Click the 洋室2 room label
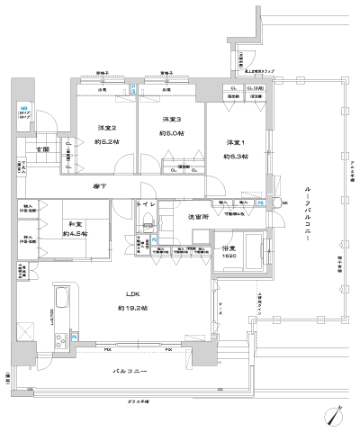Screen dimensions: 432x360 click(x=107, y=129)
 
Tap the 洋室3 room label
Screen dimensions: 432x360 click(x=172, y=120)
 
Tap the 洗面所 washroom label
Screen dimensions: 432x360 click(x=199, y=217)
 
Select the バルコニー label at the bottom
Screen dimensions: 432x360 click(x=130, y=370)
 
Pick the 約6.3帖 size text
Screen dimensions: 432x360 click(x=236, y=155)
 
